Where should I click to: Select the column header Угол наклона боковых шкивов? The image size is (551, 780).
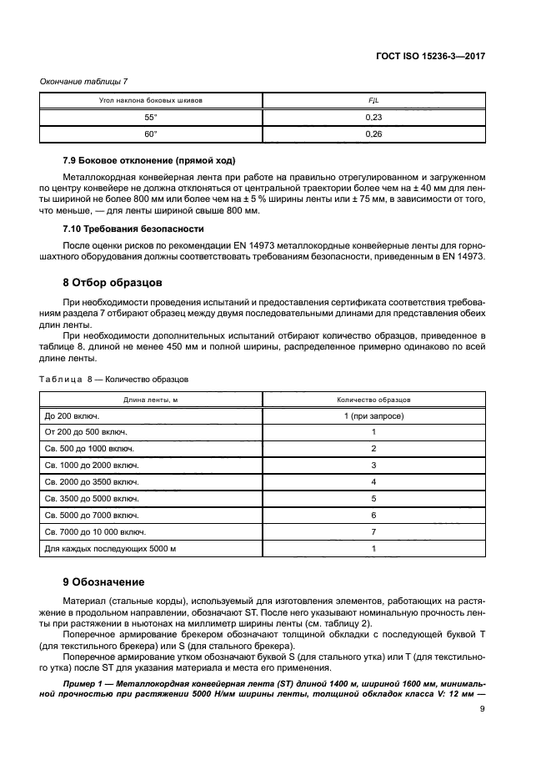point(151,100)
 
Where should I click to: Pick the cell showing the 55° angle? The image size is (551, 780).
point(151,118)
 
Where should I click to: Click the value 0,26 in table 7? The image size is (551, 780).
point(373,134)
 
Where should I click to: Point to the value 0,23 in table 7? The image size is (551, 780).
point(373,118)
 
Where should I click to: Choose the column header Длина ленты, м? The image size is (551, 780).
point(151,400)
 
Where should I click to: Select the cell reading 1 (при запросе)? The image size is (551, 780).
point(373,415)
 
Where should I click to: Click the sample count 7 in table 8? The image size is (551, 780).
point(373,531)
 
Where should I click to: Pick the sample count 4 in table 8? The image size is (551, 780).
point(373,482)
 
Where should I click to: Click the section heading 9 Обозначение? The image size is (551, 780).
point(105,581)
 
